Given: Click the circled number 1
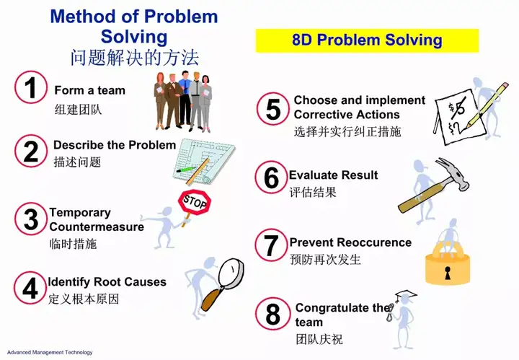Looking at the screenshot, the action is pos(31,87).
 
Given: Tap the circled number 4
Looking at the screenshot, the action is pos(30,287).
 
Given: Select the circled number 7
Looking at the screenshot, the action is pos(272,245).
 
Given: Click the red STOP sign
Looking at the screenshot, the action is pos(195,202).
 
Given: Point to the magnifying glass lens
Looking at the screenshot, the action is pos(231,273).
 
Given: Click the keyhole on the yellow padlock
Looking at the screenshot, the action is pos(448,272).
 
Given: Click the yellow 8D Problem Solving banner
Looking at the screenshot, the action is pos(367,40).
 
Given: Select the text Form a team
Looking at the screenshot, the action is pos(89,90).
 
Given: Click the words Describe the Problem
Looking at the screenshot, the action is pos(115,145).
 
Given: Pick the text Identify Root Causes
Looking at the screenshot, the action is pos(107,282).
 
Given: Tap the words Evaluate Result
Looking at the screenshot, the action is pos(333,175).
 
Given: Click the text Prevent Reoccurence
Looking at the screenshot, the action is pos(350,242).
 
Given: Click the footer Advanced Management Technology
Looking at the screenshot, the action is pos(50,352).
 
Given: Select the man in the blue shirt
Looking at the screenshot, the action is pos(185,100).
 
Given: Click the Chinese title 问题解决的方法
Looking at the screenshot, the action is pos(134,58).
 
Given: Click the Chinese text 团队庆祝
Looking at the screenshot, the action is pos(319,340).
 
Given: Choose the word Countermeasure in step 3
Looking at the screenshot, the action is pos(97,227).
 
